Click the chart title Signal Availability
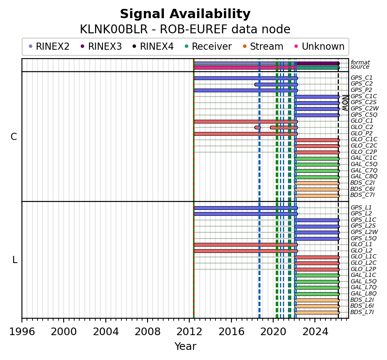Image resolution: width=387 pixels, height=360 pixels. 185,14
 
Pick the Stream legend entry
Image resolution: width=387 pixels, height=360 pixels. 263,47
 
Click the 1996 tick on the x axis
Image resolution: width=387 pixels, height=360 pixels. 22,331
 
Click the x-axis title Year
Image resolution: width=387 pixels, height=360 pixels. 185,347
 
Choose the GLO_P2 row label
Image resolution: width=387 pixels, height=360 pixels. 361,133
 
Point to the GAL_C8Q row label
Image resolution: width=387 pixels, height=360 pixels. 364,176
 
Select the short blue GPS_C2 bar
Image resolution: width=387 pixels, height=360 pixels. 276,84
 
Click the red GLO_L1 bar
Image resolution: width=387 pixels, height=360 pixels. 245,244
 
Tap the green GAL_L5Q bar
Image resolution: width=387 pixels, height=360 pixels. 317,282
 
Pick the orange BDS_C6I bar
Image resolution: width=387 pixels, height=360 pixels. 317,189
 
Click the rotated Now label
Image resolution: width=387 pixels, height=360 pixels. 344,102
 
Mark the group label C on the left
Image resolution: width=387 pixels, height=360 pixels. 14,137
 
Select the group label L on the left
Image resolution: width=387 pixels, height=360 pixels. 15,260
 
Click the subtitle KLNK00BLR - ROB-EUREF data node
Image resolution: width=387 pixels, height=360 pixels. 185,30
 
